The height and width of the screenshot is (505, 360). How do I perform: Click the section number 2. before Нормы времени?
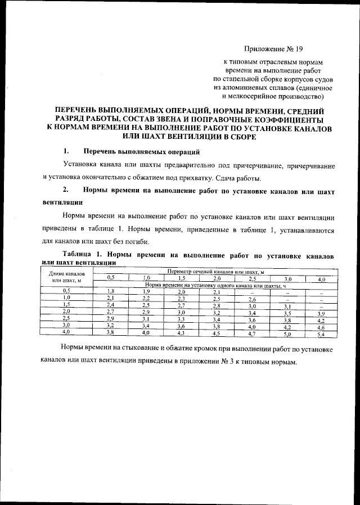[x=66, y=191]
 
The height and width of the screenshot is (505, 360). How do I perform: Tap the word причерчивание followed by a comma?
[x=310, y=166]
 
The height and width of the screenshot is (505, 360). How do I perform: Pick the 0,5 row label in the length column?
[x=65, y=291]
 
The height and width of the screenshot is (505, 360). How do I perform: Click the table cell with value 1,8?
[x=111, y=291]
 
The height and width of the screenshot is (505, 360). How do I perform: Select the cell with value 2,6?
[x=252, y=298]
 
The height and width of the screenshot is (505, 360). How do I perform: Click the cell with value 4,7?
[x=252, y=334]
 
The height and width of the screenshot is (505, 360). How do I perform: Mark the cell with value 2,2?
[x=146, y=298]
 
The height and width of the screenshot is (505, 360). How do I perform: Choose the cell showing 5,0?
[x=287, y=334]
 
